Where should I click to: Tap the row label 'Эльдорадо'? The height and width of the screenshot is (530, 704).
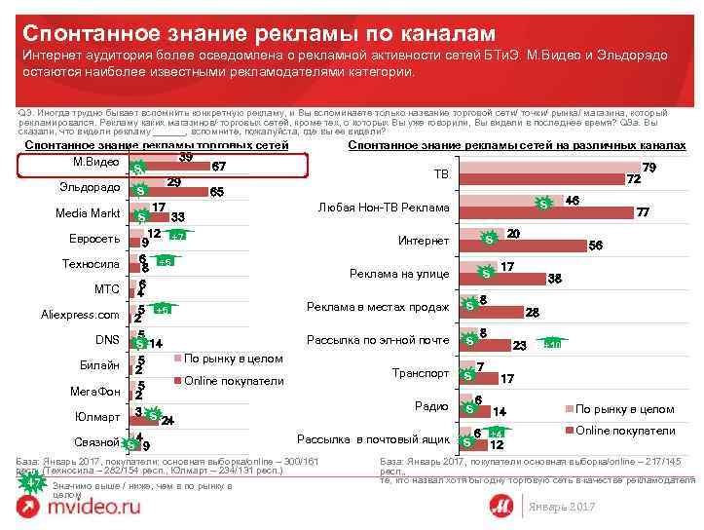[89, 186]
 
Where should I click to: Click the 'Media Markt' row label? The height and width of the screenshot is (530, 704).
[88, 212]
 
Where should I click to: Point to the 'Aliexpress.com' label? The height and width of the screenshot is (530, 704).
[80, 315]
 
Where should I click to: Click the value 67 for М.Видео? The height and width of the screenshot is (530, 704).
[220, 166]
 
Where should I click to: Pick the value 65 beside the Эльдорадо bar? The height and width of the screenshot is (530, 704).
[217, 192]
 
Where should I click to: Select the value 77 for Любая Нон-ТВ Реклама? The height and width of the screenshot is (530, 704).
[643, 212]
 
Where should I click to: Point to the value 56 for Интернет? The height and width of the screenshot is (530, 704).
[596, 246]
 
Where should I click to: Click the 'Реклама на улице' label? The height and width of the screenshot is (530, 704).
[399, 274]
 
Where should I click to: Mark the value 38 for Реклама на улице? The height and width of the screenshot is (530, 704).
[554, 279]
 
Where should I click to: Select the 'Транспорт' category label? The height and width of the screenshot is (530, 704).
[421, 372]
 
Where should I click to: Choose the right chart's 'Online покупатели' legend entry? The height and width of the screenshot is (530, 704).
[625, 430]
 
